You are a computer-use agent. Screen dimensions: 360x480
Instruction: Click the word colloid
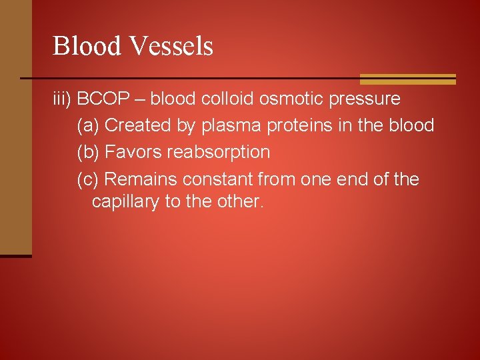click(x=227, y=99)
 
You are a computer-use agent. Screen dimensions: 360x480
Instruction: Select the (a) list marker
click(x=89, y=125)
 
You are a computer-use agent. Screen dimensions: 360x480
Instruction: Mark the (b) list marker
click(x=89, y=152)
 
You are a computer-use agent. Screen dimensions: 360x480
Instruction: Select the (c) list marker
click(x=89, y=179)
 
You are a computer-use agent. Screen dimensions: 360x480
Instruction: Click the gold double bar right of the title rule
click(x=407, y=79)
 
